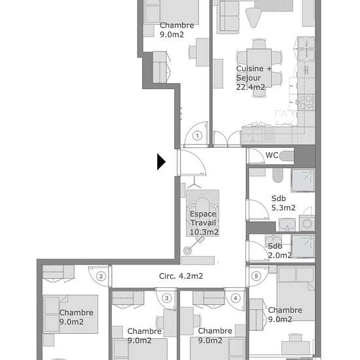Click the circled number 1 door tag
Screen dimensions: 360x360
point(197,135)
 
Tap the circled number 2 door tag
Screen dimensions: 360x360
point(101,276)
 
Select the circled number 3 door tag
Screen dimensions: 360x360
point(167,298)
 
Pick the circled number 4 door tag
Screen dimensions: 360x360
point(236,298)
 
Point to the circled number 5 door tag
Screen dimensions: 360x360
point(257,276)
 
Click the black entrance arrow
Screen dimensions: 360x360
point(161,162)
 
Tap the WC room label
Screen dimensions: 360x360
point(272,155)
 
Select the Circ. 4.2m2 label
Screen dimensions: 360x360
point(181,276)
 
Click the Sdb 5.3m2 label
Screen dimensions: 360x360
point(283,203)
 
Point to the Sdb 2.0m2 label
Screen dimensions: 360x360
point(279,251)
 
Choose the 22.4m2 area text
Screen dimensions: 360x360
point(251,87)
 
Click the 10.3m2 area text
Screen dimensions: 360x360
point(204,232)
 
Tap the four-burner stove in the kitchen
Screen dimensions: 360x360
point(306,102)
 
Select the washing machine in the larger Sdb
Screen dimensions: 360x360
point(307,223)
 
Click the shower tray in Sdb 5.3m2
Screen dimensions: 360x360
point(303,181)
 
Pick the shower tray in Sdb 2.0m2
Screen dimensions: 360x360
point(303,246)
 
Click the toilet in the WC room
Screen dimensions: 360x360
point(287,156)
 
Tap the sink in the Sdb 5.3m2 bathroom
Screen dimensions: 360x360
point(287,225)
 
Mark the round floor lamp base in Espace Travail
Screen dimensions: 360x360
point(188,251)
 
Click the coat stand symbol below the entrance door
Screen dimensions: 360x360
point(194,183)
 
